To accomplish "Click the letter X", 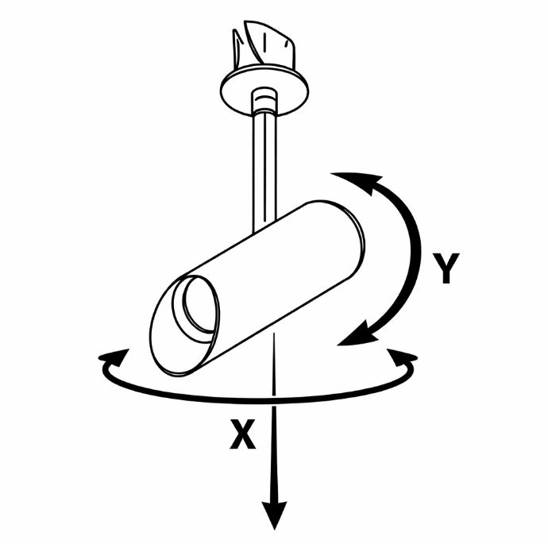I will (243, 434).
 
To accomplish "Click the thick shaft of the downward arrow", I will (275, 453).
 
